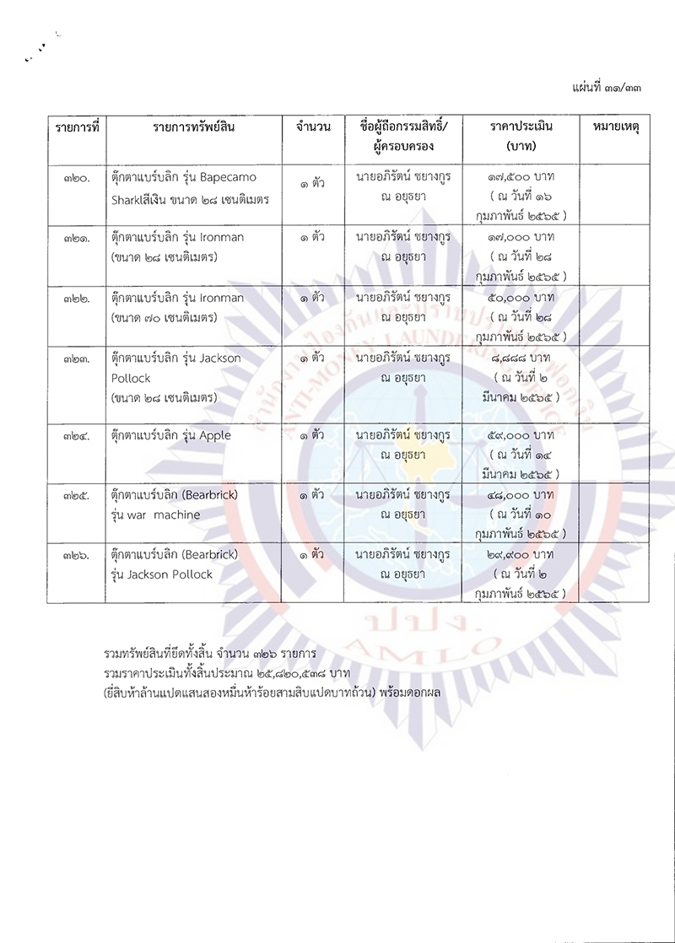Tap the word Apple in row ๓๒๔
(x=214, y=435)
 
